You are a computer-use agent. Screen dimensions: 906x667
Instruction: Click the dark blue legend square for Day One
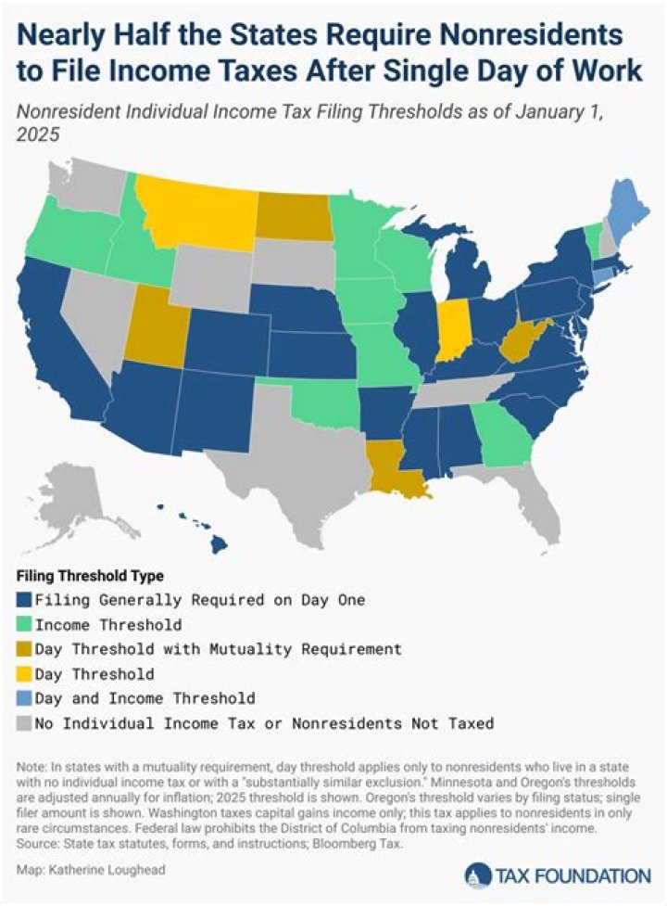tap(24, 600)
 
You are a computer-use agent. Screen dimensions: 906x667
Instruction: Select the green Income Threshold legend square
tap(24, 624)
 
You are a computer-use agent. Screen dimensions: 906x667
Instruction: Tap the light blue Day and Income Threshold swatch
tap(24, 696)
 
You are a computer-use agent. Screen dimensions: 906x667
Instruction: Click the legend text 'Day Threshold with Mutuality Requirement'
tap(218, 649)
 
